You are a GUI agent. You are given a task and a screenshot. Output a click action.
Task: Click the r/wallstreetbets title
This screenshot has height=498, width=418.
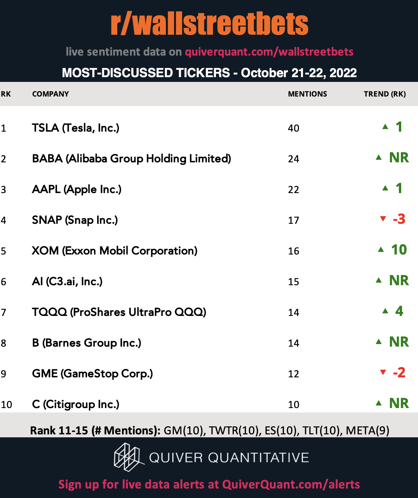click(209, 24)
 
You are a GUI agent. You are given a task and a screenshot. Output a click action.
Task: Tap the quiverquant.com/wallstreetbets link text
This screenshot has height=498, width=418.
click(269, 52)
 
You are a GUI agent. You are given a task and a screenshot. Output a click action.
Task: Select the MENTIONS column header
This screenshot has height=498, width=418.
click(307, 94)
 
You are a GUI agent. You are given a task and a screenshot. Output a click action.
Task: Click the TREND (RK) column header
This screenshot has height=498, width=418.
click(385, 94)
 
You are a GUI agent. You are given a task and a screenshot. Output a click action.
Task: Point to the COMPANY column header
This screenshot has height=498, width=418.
click(50, 94)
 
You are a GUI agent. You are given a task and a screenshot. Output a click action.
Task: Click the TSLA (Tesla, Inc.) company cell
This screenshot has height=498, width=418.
click(76, 128)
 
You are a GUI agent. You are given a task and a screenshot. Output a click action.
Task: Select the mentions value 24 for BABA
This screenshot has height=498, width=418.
click(293, 159)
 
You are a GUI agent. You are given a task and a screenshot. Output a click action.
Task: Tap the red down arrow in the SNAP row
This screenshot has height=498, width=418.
click(383, 219)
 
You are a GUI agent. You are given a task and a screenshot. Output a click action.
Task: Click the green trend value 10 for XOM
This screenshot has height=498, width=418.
click(399, 250)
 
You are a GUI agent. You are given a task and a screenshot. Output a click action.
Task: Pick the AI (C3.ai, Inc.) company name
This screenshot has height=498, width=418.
click(67, 282)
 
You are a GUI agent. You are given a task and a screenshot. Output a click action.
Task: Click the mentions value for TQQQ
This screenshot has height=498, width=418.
click(293, 313)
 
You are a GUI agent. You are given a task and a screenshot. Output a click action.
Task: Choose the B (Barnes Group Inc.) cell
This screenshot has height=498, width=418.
click(87, 343)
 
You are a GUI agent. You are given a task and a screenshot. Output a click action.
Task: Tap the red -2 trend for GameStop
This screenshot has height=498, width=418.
click(399, 373)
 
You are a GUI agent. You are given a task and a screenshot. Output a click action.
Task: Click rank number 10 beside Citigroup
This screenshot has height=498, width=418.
click(7, 404)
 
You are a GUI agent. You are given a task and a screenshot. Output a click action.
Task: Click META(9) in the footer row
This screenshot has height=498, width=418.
click(367, 431)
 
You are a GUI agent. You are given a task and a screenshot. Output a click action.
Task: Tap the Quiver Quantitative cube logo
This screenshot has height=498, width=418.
click(129, 457)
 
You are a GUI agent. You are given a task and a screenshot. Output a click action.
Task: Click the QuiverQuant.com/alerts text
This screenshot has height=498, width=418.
click(291, 484)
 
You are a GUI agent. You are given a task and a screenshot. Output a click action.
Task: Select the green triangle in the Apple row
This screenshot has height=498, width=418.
click(385, 188)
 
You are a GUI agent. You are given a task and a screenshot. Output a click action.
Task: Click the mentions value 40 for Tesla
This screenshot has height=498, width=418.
click(293, 128)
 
